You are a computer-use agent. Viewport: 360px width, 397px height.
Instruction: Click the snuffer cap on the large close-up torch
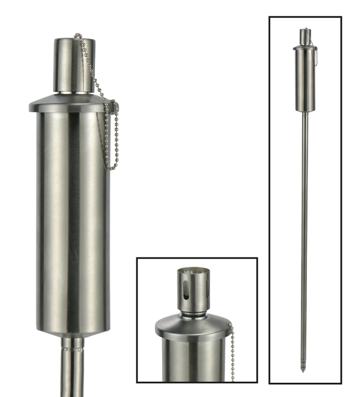point(74,65)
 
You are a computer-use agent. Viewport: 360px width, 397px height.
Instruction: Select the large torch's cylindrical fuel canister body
point(72,219)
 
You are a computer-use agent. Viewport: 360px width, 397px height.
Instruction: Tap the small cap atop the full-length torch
point(304,35)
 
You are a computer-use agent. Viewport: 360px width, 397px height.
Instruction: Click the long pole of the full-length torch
point(303,231)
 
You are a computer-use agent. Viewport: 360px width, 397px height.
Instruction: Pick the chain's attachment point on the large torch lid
point(113,108)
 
